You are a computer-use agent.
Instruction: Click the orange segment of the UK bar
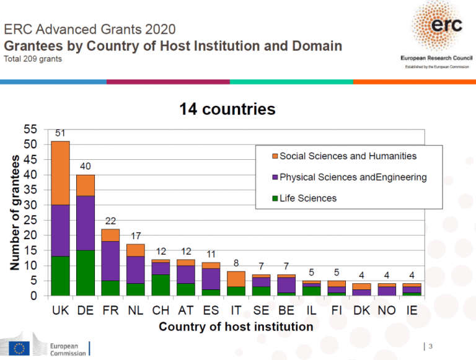[x=60, y=173]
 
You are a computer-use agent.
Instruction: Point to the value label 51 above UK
[x=60, y=133]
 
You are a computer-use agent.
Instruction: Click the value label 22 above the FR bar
[x=110, y=221]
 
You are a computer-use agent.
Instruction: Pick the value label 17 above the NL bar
[x=135, y=236]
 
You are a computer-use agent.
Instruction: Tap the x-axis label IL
[x=311, y=310]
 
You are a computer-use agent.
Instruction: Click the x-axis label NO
[x=386, y=310]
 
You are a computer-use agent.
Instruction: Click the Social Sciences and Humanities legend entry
[x=348, y=156]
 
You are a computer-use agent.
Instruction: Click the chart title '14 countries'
[x=227, y=110]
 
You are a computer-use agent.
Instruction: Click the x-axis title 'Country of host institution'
[x=236, y=327]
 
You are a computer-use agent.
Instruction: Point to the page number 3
[x=430, y=346]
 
